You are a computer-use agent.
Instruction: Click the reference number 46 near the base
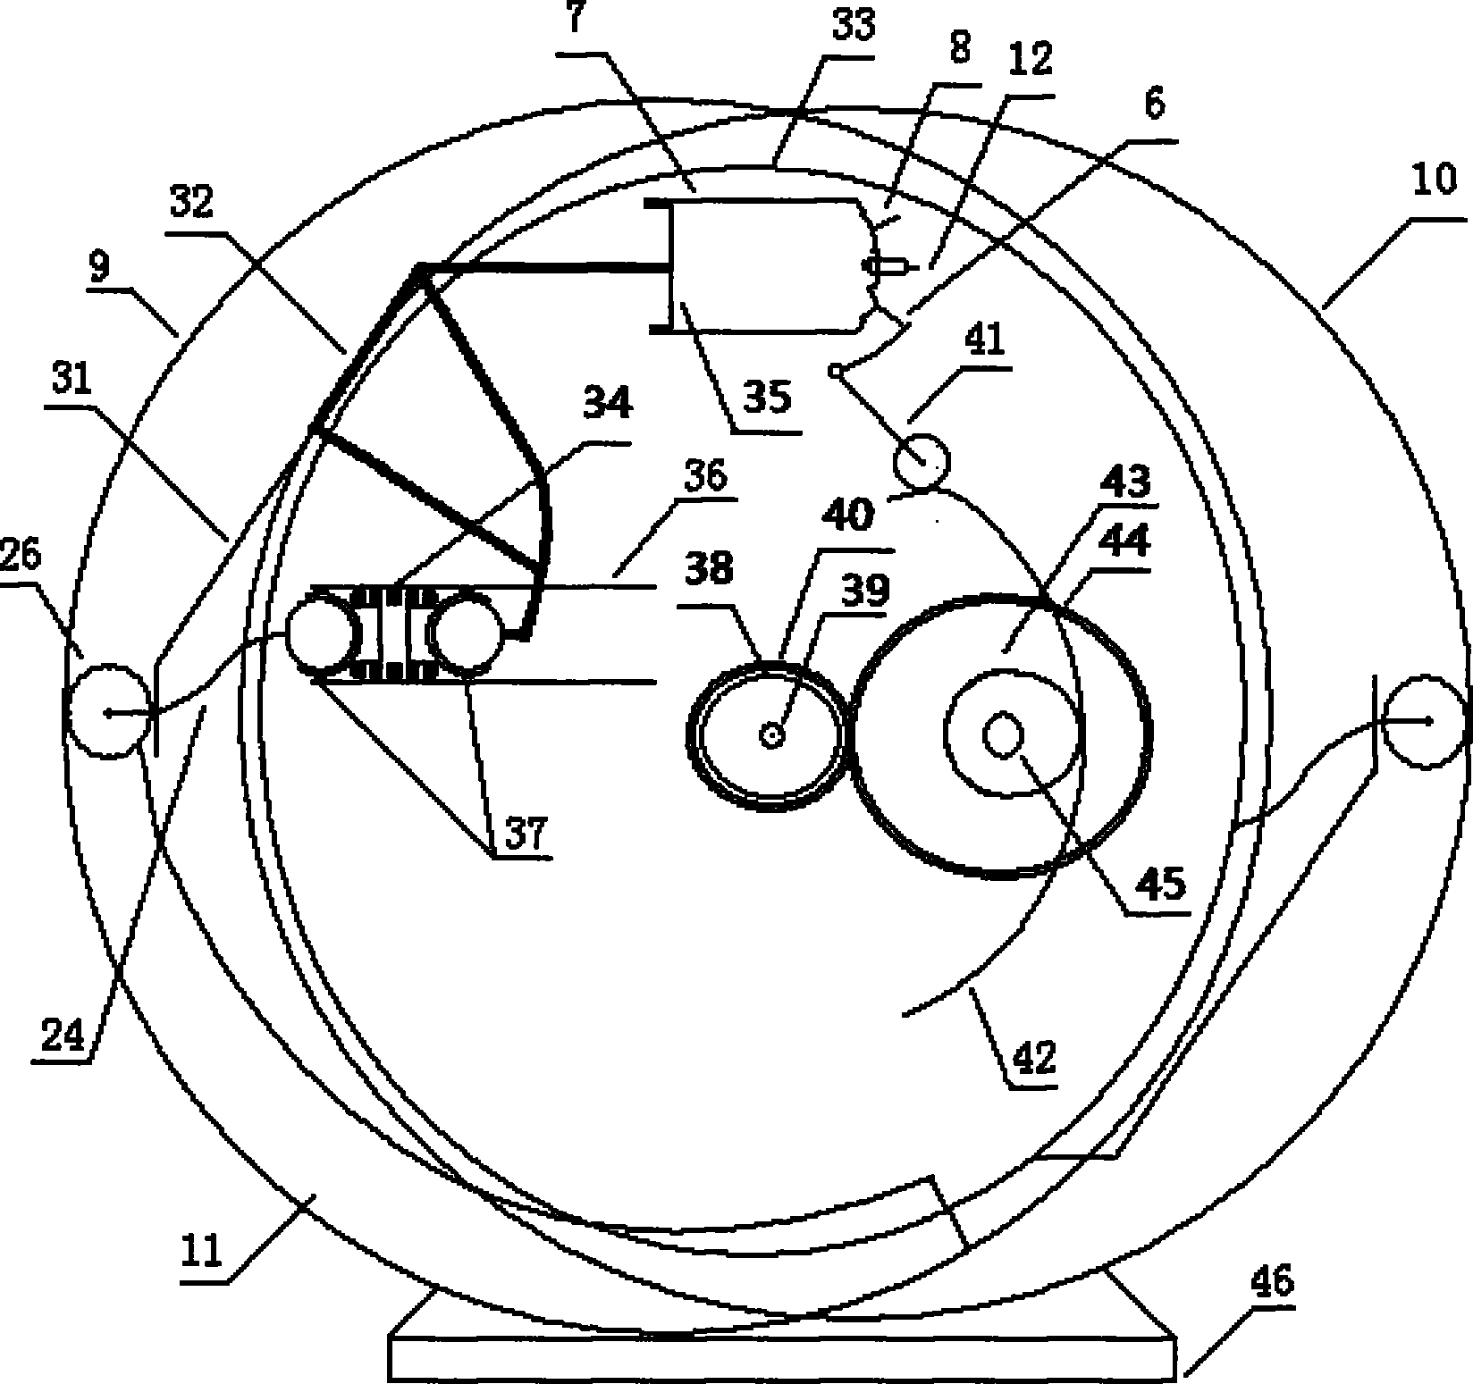coord(1274,1284)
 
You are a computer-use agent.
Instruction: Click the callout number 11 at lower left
coord(204,1253)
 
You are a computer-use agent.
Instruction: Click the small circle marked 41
coord(922,461)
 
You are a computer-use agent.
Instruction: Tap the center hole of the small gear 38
coord(770,734)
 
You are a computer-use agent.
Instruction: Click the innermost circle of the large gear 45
coord(1003,734)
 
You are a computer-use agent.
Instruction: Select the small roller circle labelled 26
coord(109,711)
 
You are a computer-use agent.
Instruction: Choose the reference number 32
coord(192,203)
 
